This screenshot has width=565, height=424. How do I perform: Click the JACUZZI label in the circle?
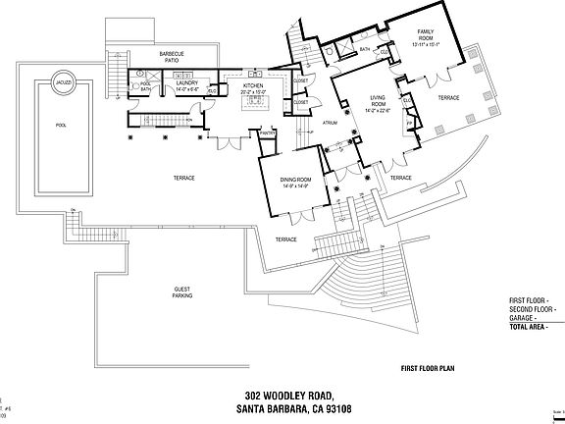coord(62,81)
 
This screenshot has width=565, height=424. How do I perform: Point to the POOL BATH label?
coord(145,86)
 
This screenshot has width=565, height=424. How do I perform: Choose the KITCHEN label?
coord(254,85)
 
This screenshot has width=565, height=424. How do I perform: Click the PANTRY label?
coord(266,132)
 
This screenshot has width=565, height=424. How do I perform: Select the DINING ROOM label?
coord(295,180)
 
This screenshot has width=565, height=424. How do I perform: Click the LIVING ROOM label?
coord(378,101)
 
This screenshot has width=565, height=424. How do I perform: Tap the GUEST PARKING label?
coord(181,291)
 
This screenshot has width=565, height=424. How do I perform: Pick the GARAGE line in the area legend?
coord(528,317)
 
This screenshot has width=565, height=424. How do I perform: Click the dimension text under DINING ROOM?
coord(295,186)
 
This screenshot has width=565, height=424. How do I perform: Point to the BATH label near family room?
coord(364,48)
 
